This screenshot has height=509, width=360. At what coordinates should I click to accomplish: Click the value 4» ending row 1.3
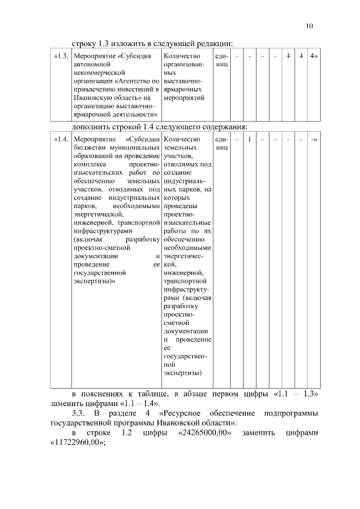(x=313, y=57)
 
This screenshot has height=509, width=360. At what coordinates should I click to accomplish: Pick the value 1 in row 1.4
(x=249, y=138)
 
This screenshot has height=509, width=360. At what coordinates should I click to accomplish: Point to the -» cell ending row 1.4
(x=313, y=138)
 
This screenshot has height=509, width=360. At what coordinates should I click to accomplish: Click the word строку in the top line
(x=84, y=44)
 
